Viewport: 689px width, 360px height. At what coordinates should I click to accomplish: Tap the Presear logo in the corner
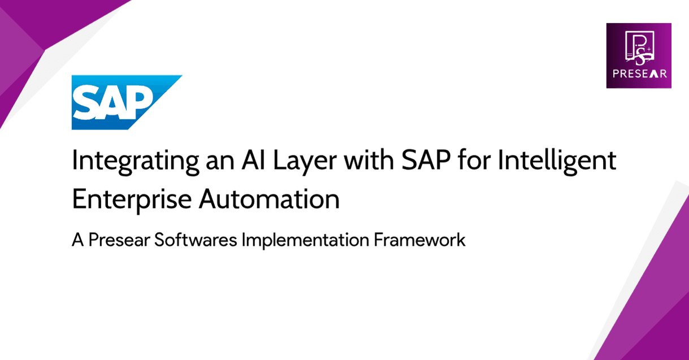639,55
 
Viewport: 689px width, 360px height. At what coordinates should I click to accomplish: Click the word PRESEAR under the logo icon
639,74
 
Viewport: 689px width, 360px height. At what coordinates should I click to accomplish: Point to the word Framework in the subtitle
419,240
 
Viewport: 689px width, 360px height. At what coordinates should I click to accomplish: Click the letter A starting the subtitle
77,240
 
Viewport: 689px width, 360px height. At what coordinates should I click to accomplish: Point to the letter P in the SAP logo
141,102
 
